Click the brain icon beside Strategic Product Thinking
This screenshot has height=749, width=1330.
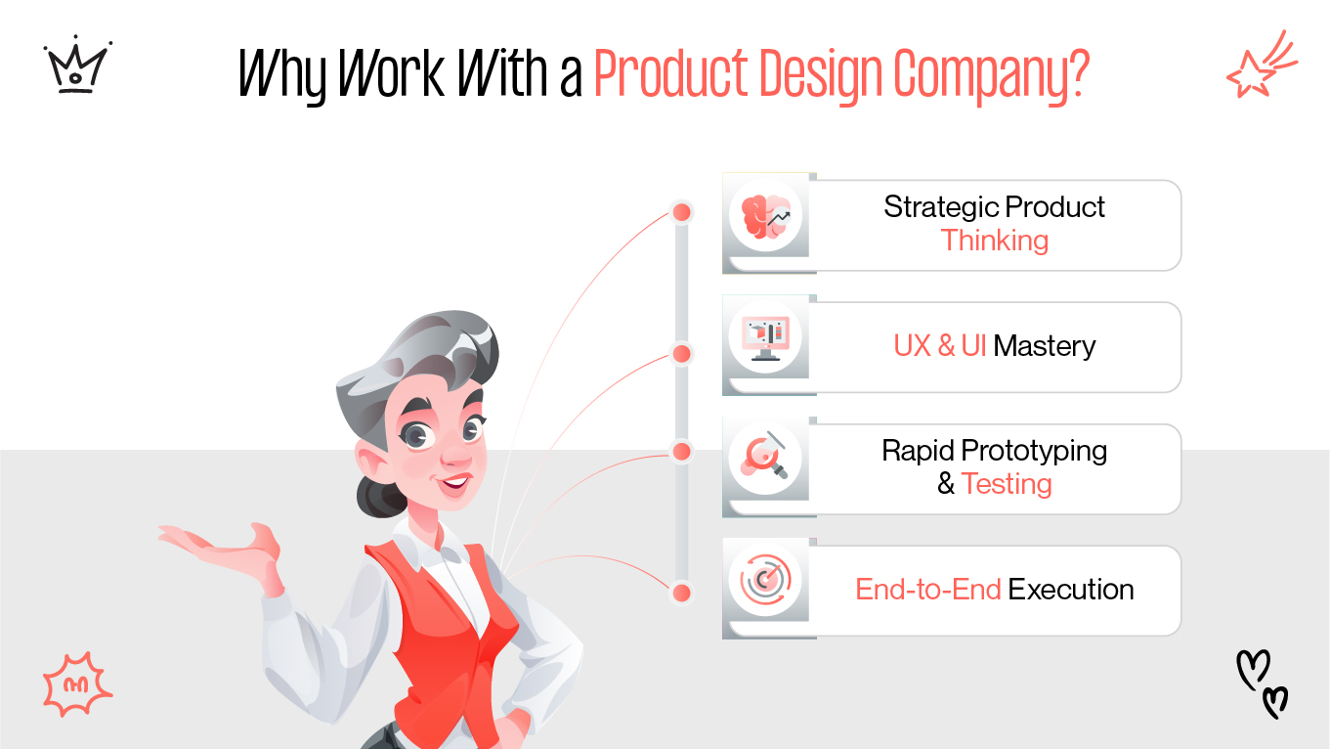click(765, 216)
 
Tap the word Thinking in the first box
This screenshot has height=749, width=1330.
click(994, 241)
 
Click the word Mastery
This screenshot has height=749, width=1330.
click(1045, 346)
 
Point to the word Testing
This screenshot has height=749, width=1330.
click(1007, 484)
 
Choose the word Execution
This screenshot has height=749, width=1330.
click(1071, 590)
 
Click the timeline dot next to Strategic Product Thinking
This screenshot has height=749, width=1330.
click(682, 212)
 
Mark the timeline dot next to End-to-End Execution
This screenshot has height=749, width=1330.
click(682, 593)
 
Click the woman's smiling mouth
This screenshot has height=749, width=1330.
click(455, 482)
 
